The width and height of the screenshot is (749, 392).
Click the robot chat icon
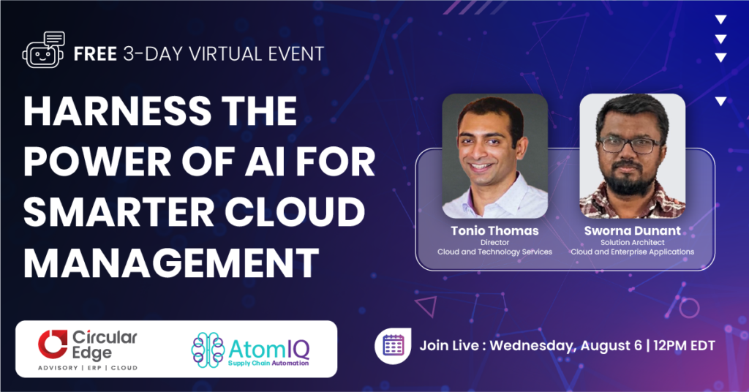tap(43, 50)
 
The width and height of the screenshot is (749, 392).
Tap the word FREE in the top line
tap(95, 54)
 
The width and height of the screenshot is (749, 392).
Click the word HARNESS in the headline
tap(117, 110)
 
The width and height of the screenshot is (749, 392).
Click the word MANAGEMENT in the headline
tap(171, 263)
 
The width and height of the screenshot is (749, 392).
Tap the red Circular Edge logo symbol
tap(53, 344)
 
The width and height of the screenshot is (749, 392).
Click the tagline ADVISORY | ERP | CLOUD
tap(88, 368)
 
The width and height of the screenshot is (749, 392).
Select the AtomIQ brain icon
tap(208, 350)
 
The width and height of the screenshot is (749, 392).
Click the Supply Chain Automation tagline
tap(268, 363)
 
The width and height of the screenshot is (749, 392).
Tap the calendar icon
tap(393, 345)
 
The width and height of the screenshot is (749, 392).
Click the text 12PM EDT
tap(684, 345)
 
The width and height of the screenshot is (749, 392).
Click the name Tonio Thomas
tap(495, 230)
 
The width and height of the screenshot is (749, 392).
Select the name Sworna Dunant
tap(633, 230)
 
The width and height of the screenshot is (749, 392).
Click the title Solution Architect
tap(633, 243)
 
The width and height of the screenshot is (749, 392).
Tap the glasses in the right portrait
tap(630, 145)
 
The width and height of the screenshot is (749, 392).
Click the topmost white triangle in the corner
tap(720, 20)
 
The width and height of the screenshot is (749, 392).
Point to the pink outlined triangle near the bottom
tap(426, 306)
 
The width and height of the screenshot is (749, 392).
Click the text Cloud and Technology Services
tap(495, 252)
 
